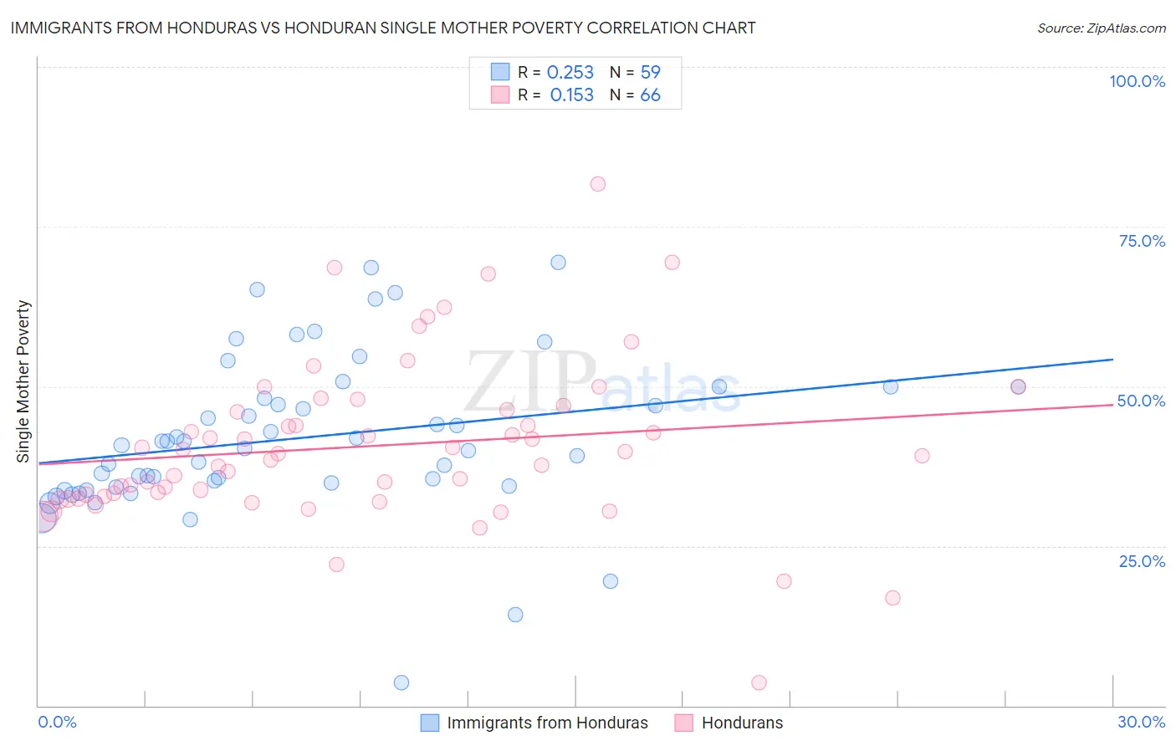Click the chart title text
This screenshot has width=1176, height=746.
pos(383,28)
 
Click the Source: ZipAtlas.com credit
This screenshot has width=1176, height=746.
pos(1101,28)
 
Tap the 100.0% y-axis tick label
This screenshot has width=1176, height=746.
pos(1137,81)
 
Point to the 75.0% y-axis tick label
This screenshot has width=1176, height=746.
pos(1142,241)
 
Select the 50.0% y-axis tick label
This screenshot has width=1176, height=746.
pos(1141,401)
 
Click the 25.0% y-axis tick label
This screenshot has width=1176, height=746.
pos(1142,560)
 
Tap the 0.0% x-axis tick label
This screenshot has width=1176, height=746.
pos(57,722)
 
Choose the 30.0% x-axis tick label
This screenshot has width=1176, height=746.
pos(1141,722)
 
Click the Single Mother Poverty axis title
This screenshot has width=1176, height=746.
pos(23,381)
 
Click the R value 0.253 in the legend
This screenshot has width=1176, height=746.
pos(570,73)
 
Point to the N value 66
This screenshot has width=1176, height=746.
pos(650,95)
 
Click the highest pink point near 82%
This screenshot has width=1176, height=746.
pos(597,184)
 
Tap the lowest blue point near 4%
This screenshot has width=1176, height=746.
pos(401,682)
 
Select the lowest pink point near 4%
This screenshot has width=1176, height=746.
pos(759,682)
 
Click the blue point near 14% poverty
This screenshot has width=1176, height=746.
pos(515,615)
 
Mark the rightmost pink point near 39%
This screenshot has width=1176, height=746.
pos(922,456)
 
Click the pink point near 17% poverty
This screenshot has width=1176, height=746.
pos(892,598)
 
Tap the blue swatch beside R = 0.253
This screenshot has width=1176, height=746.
pos(500,72)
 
